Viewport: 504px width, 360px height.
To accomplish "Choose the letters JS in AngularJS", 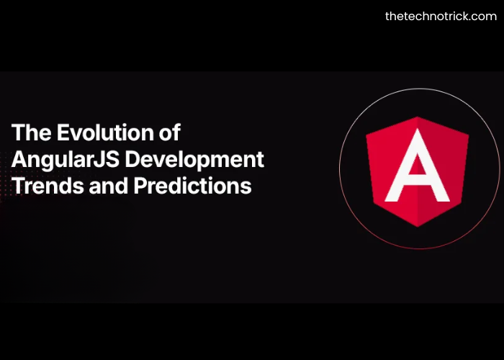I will tap(110, 159).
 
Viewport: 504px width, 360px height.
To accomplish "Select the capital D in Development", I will tap(139, 159).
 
